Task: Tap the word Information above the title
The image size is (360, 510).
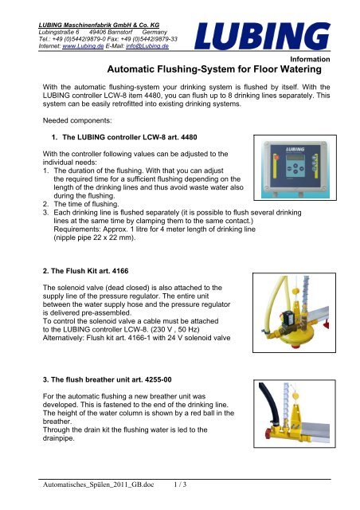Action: [x=328, y=60]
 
